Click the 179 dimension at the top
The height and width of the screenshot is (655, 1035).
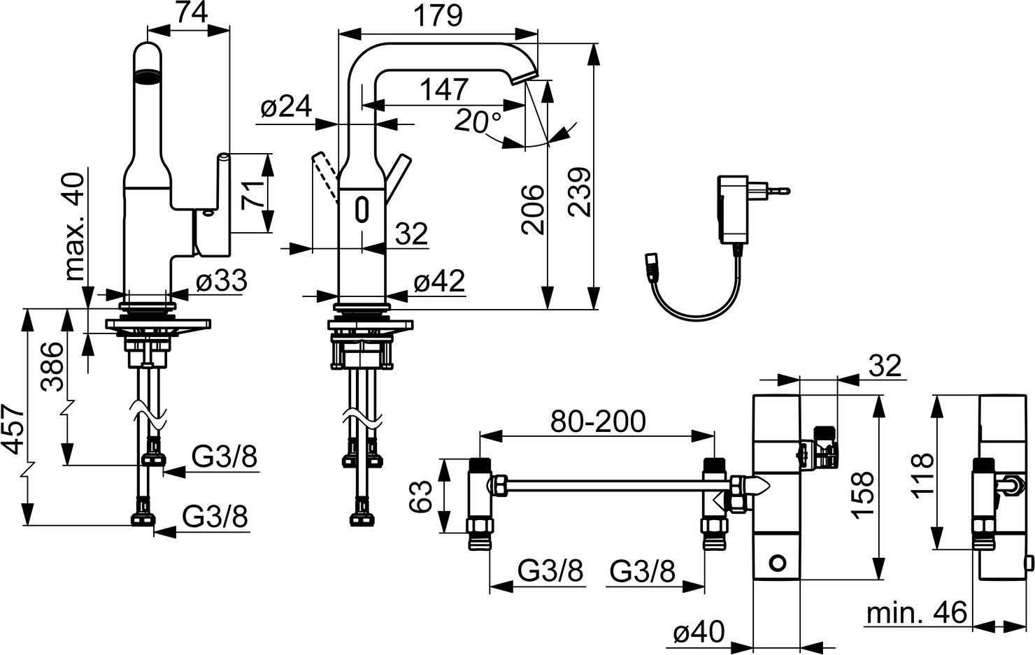(438, 17)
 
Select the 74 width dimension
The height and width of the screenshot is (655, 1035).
(192, 13)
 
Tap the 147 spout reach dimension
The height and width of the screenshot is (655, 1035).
(444, 90)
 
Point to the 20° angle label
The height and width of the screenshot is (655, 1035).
(478, 121)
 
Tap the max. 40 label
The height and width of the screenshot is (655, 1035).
(74, 226)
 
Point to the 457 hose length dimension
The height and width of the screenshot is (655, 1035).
(13, 430)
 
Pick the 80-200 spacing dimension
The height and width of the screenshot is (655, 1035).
(598, 422)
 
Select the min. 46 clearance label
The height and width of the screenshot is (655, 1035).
(916, 614)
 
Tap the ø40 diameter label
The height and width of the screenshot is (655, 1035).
(698, 632)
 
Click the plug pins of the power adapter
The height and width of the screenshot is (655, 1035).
(773, 190)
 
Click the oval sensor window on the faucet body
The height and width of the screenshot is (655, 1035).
(362, 209)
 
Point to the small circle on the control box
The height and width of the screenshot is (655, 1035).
(778, 563)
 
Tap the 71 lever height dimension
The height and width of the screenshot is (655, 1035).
(252, 194)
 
